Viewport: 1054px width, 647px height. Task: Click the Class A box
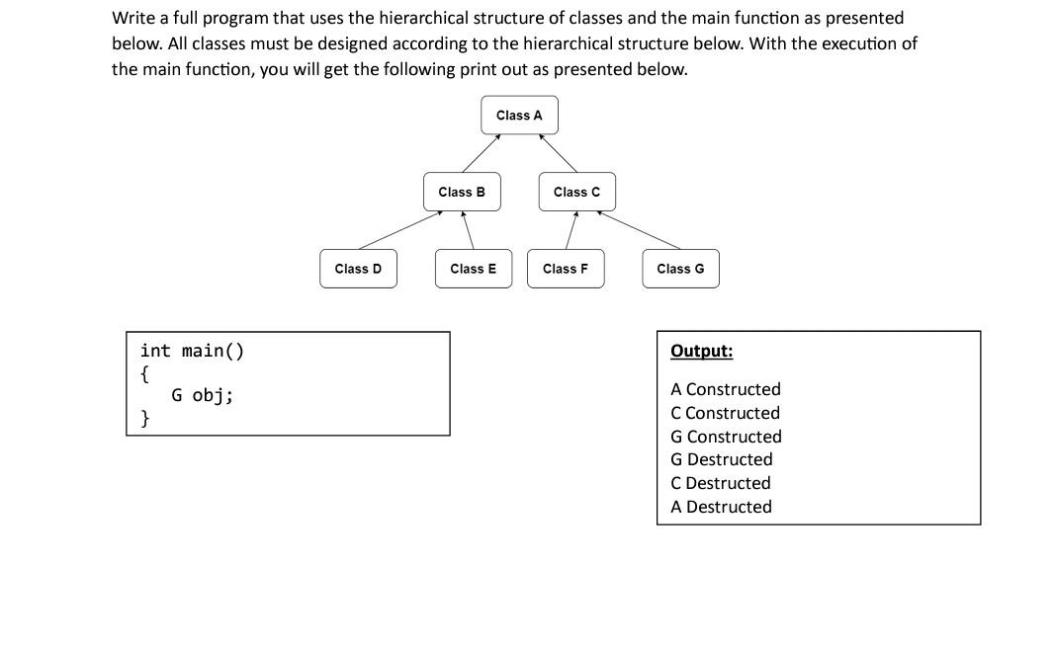tap(519, 116)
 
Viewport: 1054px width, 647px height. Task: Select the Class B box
tap(462, 192)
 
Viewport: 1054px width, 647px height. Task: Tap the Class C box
tap(576, 192)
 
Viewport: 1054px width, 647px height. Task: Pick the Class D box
tap(358, 269)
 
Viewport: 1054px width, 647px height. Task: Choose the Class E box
tap(474, 269)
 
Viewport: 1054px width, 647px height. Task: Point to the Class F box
tap(566, 269)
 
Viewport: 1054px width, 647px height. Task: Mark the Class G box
tap(680, 269)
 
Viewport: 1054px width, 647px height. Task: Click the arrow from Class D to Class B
tap(398, 229)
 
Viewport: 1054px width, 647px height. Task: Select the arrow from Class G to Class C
tap(639, 229)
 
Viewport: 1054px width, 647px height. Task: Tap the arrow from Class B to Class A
tap(481, 153)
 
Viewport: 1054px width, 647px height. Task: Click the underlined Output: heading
tap(701, 351)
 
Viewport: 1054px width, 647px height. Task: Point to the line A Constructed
tap(725, 389)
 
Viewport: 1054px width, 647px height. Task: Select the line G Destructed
tap(721, 459)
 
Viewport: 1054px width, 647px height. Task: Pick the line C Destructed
tap(720, 483)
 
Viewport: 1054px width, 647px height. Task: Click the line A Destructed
tap(721, 507)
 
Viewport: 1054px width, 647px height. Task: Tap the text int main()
tap(192, 351)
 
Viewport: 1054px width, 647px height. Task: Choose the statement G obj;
tap(202, 395)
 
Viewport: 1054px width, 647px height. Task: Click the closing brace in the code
tap(145, 418)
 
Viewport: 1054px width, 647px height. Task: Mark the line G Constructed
tap(726, 437)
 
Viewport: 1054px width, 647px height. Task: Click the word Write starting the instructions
tap(133, 18)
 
